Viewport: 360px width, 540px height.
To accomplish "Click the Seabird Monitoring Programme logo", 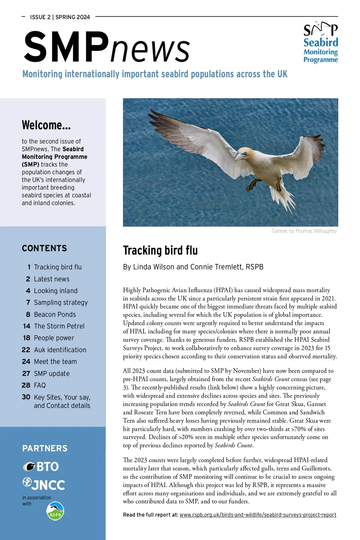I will (320, 42).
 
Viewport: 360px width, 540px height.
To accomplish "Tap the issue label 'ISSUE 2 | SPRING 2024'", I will (60, 17).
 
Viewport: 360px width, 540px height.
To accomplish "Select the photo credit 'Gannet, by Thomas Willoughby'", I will (304, 231).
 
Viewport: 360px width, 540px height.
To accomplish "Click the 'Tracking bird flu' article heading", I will (160, 250).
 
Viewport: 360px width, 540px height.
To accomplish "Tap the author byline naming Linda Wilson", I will (193, 267).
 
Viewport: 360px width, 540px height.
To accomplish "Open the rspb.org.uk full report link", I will (258, 515).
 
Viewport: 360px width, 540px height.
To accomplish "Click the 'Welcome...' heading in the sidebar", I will (46, 125).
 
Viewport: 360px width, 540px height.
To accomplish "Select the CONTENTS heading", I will (44, 248).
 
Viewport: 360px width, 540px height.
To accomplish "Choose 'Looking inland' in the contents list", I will (56, 291).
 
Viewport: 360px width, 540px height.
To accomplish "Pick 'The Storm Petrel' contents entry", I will (59, 326).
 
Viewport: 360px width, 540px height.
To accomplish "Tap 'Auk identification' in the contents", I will (60, 350).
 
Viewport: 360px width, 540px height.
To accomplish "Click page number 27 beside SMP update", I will (26, 374).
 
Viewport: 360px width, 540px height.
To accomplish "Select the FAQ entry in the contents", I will (40, 385).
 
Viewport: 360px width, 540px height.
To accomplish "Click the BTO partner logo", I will (41, 467).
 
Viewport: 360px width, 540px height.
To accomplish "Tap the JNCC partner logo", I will (44, 484).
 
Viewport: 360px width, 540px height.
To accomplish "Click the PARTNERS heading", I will (45, 448).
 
